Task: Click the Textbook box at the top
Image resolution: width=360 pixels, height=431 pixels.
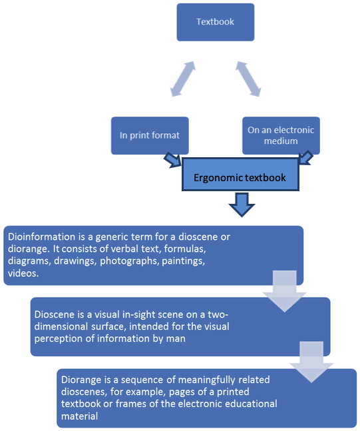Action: pos(216,22)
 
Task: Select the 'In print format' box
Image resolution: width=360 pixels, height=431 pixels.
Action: pos(150,135)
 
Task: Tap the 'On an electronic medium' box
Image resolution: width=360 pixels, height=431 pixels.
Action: pos(281,135)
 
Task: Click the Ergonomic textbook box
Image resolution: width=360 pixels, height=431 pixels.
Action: pos(240,175)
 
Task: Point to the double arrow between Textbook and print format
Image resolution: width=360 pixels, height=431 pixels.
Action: pos(183,79)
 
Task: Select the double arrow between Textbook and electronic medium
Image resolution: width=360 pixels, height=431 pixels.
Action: pos(248,79)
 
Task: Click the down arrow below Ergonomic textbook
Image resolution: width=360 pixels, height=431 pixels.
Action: pos(242,205)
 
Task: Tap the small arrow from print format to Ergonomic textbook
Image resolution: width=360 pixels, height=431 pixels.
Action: pos(173,161)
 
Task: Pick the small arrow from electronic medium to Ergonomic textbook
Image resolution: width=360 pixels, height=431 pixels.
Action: pos(305,158)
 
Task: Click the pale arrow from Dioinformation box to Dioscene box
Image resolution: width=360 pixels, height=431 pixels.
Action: pos(285,291)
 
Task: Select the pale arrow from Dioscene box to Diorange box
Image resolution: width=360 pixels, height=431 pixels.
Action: pos(311,362)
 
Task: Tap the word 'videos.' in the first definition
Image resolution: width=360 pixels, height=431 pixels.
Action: pos(23,273)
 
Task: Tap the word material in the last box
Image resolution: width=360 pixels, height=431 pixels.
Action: pos(79,416)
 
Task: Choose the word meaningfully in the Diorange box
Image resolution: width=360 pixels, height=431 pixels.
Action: pos(207,380)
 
